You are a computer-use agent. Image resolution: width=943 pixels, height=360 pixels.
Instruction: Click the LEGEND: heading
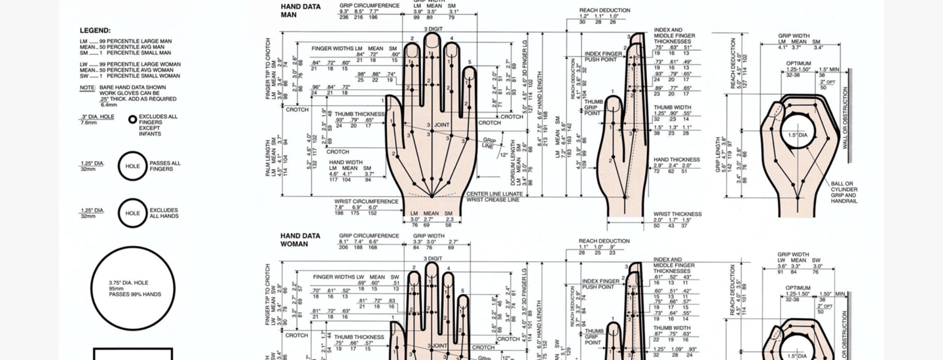[x=95, y=30]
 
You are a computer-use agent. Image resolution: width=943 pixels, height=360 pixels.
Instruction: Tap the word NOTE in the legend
[x=87, y=87]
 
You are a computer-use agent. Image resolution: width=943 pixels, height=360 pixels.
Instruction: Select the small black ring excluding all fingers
[x=132, y=120]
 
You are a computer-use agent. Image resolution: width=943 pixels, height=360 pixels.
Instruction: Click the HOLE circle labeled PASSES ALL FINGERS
[x=132, y=166]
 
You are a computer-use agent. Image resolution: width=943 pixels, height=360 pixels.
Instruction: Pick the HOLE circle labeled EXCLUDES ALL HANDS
[x=132, y=213]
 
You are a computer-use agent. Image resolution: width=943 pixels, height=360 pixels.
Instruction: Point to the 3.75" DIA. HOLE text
[x=128, y=283]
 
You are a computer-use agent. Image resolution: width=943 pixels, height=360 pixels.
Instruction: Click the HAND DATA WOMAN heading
[x=300, y=240]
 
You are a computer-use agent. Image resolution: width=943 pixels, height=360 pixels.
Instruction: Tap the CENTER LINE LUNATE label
[x=494, y=194]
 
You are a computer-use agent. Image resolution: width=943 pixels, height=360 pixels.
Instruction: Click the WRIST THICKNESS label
[x=677, y=214]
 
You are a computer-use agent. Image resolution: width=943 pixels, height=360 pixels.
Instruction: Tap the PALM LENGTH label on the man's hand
[x=268, y=155]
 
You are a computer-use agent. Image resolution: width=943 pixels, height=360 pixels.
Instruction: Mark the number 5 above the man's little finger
[x=469, y=63]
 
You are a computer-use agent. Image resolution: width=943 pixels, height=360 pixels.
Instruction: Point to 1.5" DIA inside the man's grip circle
[x=798, y=135]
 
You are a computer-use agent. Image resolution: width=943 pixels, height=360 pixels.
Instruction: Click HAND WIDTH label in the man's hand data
[x=346, y=162]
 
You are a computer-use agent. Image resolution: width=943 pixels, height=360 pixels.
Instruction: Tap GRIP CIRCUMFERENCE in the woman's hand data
[x=369, y=236]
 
